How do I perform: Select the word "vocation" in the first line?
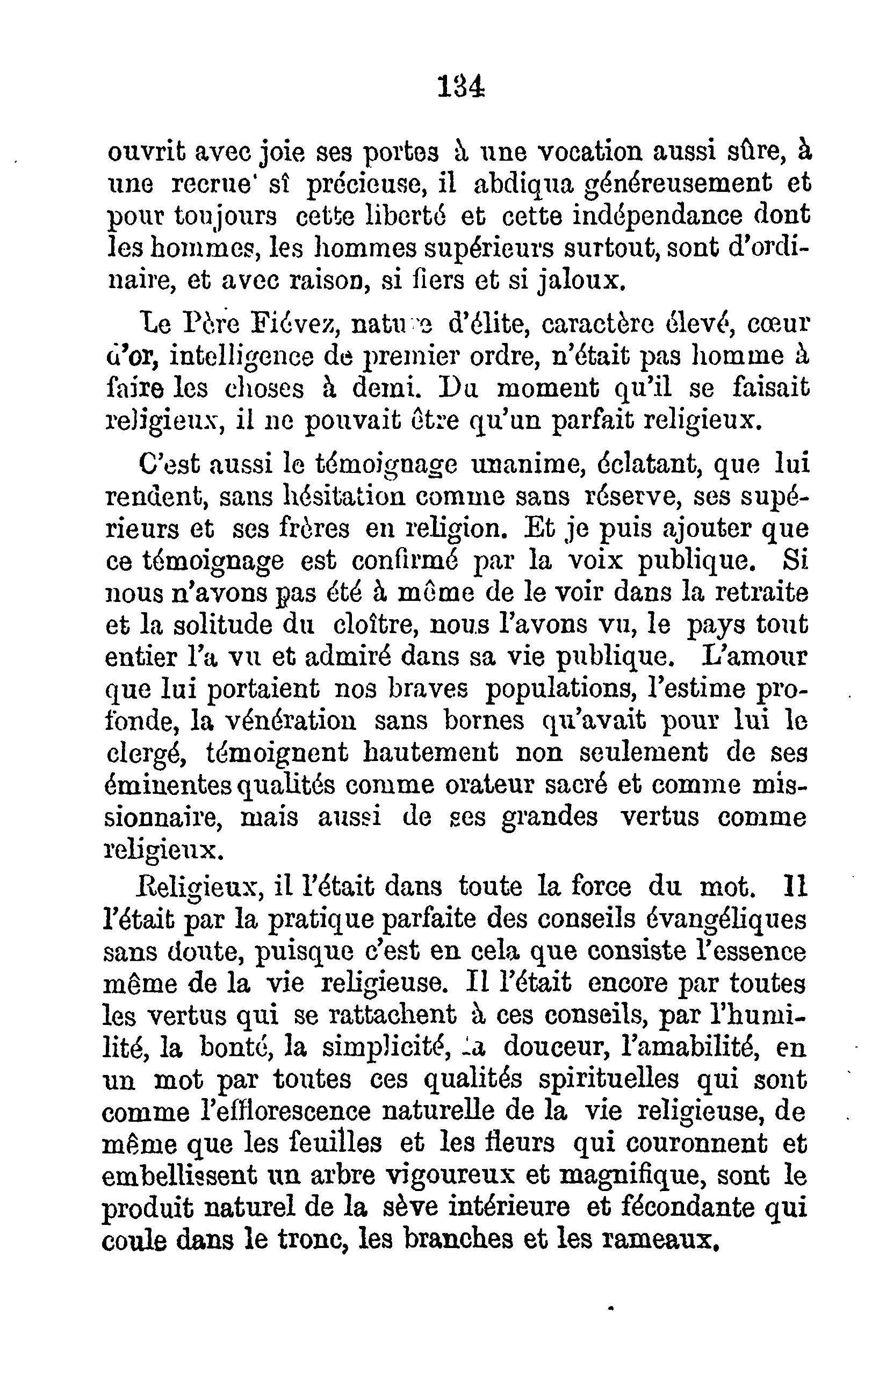592,154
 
